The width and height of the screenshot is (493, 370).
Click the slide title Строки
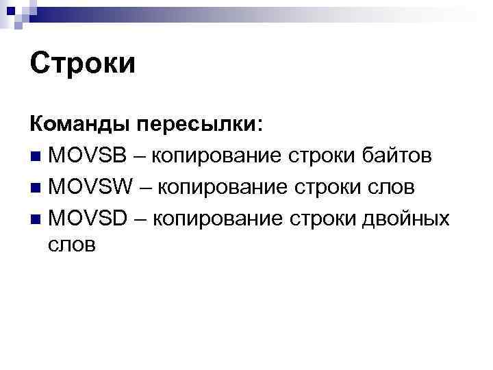tap(83, 64)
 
